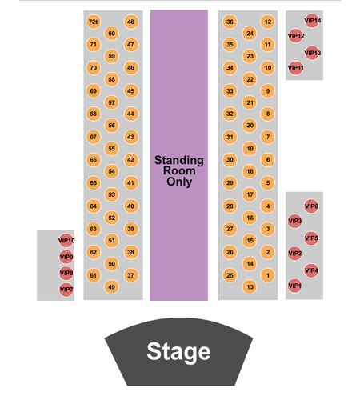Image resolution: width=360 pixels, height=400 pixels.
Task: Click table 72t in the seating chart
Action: point(93,22)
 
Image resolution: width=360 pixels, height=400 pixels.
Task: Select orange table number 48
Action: point(130,22)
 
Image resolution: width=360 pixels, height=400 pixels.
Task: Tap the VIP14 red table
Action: point(311,21)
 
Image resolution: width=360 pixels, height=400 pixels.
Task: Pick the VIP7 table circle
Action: point(66,290)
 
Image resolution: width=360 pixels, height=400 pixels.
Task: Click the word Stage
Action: point(178,351)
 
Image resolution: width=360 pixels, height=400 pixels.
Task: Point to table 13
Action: point(250,287)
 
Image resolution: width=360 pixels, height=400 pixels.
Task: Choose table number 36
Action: point(230,22)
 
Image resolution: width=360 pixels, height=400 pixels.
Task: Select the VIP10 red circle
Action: point(66,241)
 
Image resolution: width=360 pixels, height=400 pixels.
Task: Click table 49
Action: point(111,287)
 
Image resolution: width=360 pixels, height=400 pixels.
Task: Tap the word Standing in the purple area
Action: point(179,161)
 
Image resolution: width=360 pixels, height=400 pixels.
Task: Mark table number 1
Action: point(268,275)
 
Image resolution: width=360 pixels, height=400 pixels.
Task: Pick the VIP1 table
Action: point(294,286)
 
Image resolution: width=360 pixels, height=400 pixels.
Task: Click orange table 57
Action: point(111,102)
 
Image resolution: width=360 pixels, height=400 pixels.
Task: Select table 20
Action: point(250,126)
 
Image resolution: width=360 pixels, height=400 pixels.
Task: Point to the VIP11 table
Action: point(295,68)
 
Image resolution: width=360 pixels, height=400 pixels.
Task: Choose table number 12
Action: point(268,22)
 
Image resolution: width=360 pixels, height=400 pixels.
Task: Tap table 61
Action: point(93,275)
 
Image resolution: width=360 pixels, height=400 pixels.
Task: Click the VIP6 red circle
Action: point(311,206)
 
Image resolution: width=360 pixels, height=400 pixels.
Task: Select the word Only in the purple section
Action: point(179,182)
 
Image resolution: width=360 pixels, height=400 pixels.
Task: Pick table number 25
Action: point(230,275)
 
